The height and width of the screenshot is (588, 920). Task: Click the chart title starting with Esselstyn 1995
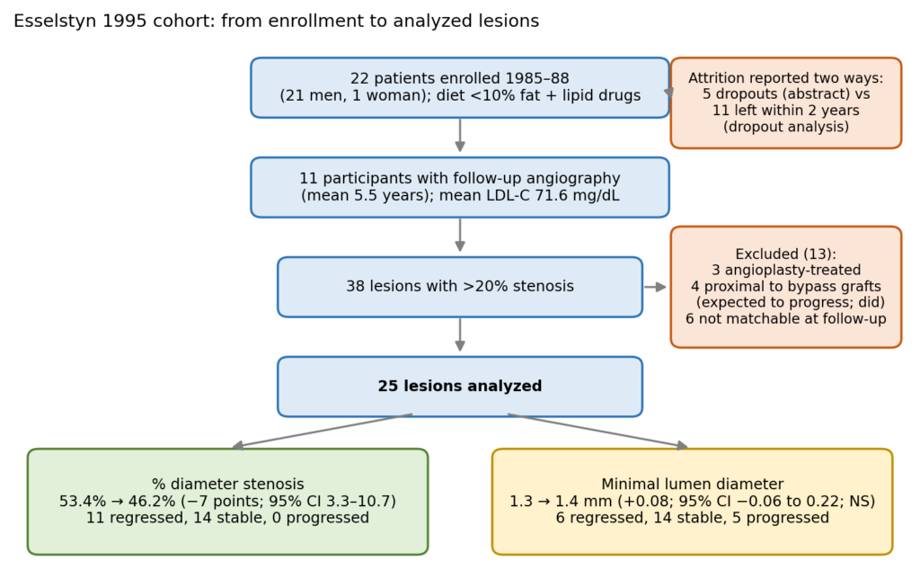[x=277, y=22]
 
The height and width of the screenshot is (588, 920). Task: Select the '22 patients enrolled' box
[x=460, y=87]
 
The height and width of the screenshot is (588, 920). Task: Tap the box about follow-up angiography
[x=460, y=187]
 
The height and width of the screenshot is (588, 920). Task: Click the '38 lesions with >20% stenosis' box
[x=460, y=287]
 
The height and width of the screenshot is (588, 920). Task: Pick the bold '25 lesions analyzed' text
[x=460, y=386]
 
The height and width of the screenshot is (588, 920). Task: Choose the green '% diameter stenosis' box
[x=227, y=502]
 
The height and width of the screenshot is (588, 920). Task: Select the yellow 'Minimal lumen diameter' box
[x=693, y=502]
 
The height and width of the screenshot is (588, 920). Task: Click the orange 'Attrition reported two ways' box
[x=785, y=102]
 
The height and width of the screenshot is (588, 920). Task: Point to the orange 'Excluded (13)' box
[x=785, y=287]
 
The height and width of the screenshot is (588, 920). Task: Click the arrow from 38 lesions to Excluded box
[x=655, y=287]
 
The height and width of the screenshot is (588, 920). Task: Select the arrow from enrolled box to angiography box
[x=460, y=135]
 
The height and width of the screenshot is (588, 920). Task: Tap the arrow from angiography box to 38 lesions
[x=460, y=235]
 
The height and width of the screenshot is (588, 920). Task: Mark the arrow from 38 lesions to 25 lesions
[x=460, y=334]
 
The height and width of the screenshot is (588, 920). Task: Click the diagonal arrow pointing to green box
[x=323, y=432]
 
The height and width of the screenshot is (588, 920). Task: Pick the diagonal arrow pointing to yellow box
[x=597, y=432]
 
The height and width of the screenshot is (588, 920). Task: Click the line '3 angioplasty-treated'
[x=785, y=271]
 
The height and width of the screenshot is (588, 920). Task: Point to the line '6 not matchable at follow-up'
[x=785, y=319]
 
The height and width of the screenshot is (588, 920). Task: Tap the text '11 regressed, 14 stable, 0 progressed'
[x=227, y=518]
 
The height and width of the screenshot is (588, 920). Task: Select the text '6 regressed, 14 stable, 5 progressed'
[x=693, y=518]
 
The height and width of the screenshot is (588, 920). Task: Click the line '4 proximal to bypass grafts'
[x=785, y=287]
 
